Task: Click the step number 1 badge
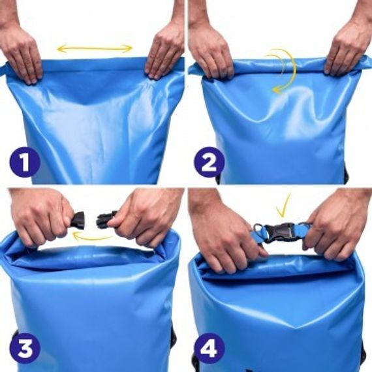coord(24,163)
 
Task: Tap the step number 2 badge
coord(209,163)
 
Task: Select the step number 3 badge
coord(24,349)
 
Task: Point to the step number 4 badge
coord(209,349)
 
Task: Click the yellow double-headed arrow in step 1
coord(95,49)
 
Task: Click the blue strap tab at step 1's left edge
coord(3,69)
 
